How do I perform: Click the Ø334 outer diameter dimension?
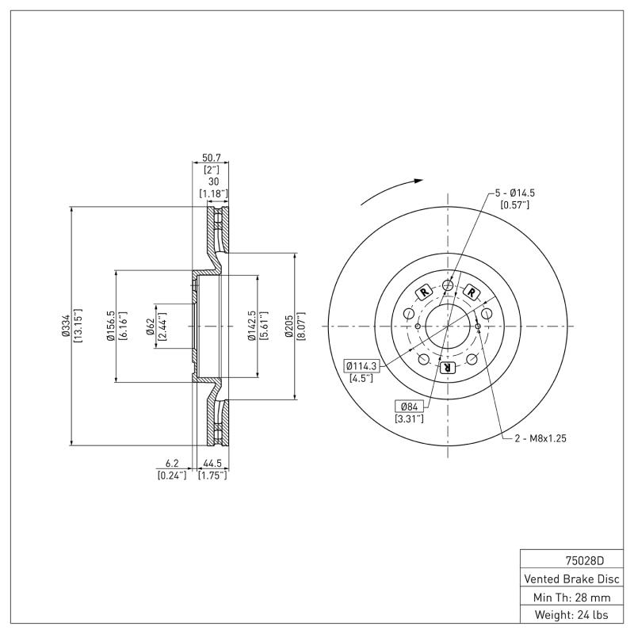(67, 326)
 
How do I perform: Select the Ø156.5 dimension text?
(111, 326)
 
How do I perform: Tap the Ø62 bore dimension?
(150, 326)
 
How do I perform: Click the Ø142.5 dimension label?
(251, 326)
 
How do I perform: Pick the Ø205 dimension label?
(291, 326)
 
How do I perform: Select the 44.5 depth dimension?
(212, 464)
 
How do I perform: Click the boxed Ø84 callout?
(409, 407)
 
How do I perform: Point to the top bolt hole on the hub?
(448, 285)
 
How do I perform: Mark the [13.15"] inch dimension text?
(78, 326)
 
